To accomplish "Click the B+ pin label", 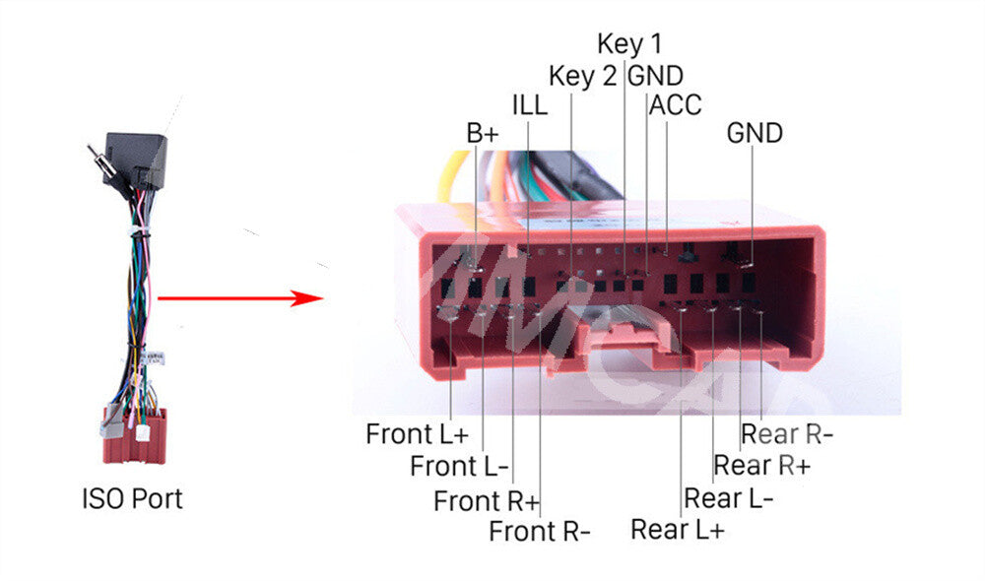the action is [483, 133].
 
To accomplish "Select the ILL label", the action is [530, 105].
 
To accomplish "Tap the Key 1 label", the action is [629, 44].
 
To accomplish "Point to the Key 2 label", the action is [582, 76].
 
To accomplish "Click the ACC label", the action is [675, 105].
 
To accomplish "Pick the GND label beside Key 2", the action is [655, 76].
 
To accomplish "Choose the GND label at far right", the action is [755, 133].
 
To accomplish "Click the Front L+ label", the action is [417, 434].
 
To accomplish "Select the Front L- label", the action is [459, 466].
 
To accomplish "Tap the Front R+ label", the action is [487, 501].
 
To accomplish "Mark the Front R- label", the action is [540, 532].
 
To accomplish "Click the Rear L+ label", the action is [678, 530].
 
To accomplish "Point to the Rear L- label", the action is [729, 498].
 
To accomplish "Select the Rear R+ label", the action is [762, 466].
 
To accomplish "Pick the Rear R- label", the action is [786, 434].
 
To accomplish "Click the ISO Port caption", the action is [133, 498].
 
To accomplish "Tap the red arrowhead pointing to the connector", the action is [307, 297].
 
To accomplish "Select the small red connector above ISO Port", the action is [135, 436].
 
